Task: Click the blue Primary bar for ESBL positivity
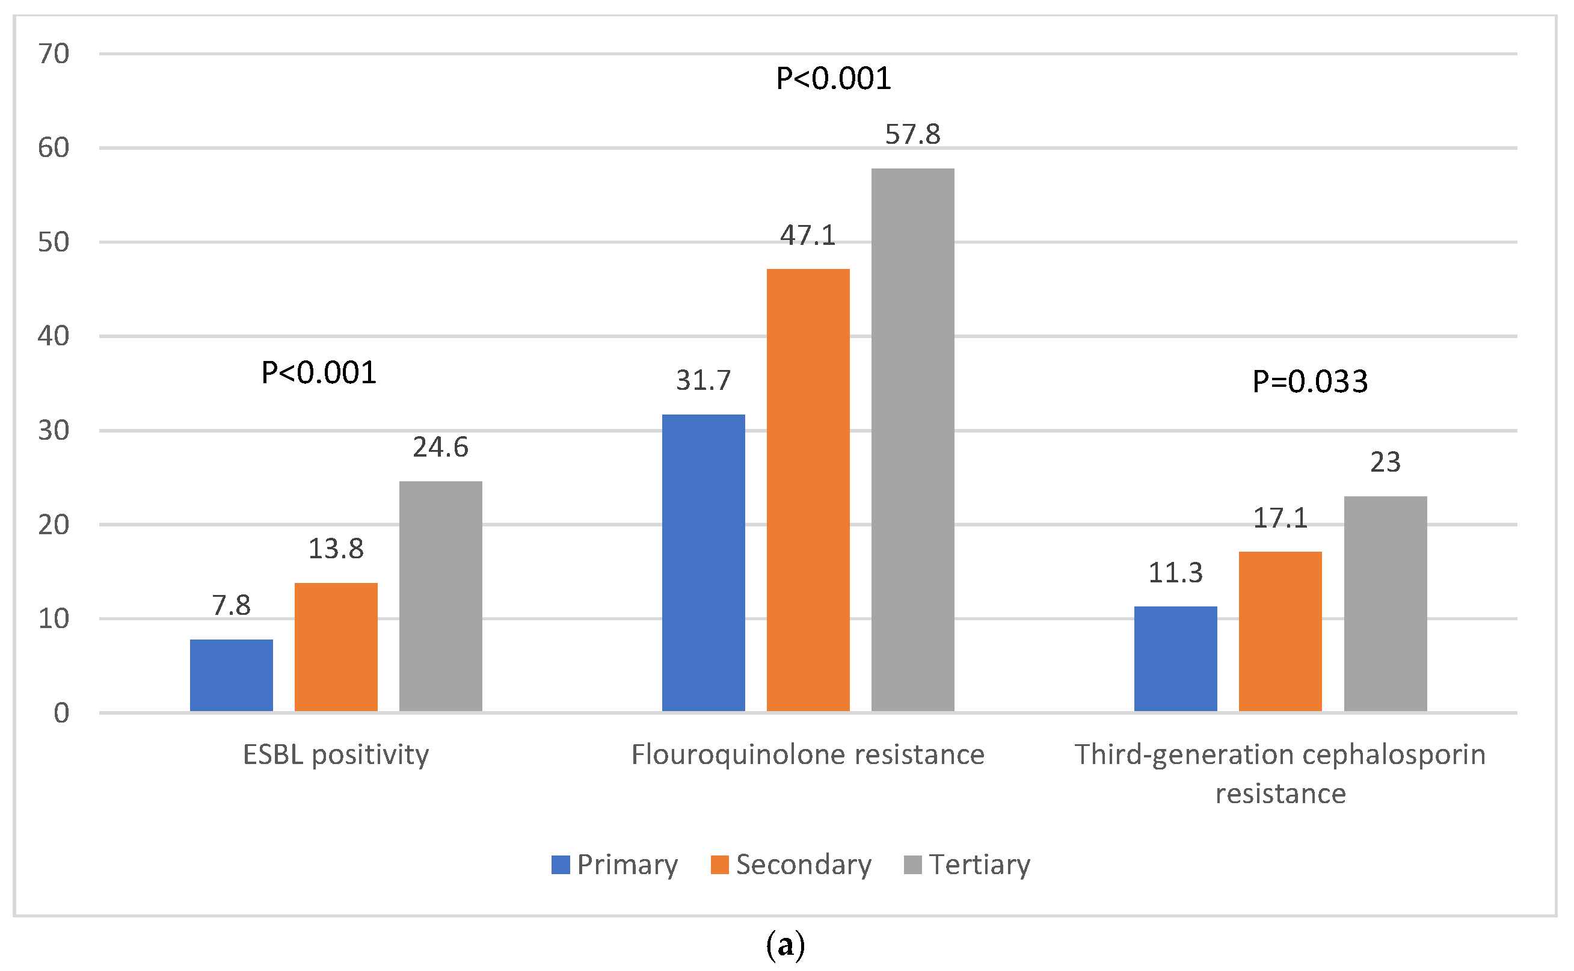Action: coord(231,676)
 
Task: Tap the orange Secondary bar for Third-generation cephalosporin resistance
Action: coord(1280,631)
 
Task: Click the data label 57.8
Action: coord(912,134)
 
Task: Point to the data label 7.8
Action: coord(231,605)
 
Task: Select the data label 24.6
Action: coord(440,447)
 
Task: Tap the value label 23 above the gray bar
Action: coord(1385,462)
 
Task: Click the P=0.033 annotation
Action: coord(1309,381)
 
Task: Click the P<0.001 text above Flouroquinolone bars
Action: coord(833,78)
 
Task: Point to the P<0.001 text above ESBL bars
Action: coord(318,372)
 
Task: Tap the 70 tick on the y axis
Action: coord(54,54)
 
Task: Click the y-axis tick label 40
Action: coord(54,336)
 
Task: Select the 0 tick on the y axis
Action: coord(61,713)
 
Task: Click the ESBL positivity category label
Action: coord(336,754)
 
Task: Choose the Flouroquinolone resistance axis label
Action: coord(808,754)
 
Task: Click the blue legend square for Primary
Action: coord(561,865)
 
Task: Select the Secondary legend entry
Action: coord(791,865)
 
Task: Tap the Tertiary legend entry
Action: coord(967,865)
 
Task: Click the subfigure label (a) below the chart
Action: coord(785,945)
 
